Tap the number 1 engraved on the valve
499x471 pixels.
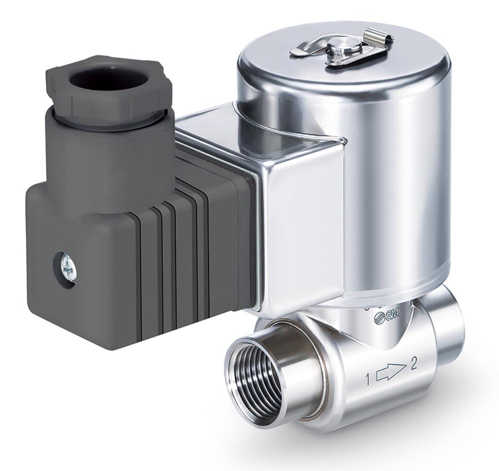[368, 380]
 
